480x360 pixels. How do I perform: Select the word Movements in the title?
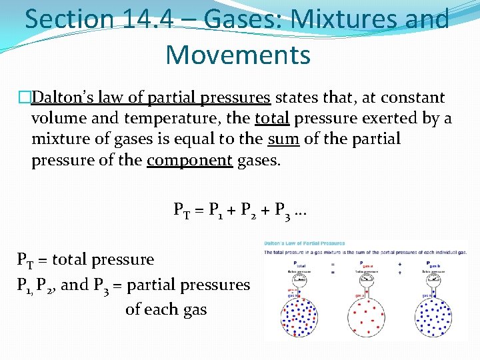pyautogui.click(x=238, y=55)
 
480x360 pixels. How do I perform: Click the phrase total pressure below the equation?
pyautogui.click(x=103, y=259)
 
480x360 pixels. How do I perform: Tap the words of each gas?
pyautogui.click(x=166, y=309)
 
